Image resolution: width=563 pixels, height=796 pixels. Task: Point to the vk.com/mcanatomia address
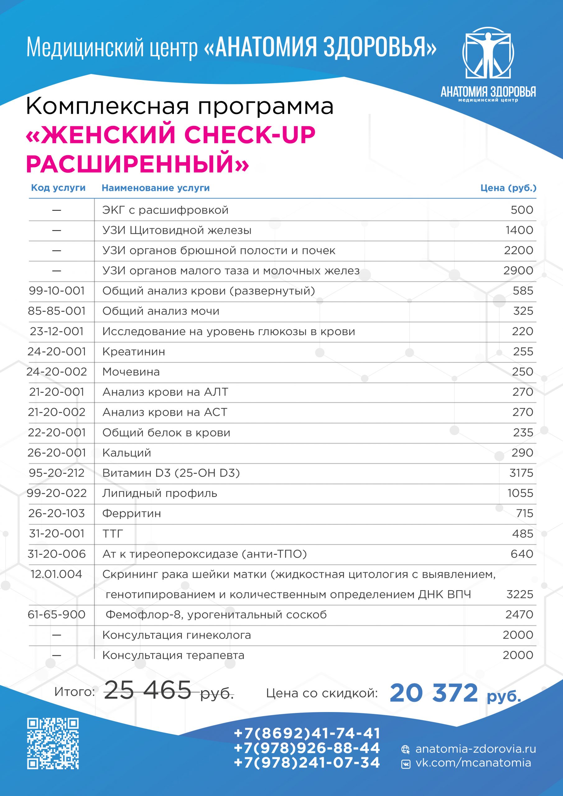473,763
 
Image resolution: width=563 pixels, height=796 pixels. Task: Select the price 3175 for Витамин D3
521,473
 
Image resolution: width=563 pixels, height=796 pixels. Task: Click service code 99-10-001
57,290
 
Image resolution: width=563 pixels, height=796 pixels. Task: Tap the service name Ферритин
132,513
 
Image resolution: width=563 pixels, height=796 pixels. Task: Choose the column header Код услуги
58,188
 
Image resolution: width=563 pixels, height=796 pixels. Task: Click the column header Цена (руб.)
508,188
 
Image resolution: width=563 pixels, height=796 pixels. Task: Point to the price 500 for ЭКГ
522,210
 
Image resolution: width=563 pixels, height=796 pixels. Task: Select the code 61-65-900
57,614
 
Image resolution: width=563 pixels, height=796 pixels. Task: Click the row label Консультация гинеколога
177,635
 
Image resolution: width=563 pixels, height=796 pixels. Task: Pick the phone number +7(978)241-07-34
307,762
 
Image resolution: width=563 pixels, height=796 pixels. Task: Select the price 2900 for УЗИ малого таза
518,271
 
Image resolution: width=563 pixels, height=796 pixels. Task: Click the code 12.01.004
57,574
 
